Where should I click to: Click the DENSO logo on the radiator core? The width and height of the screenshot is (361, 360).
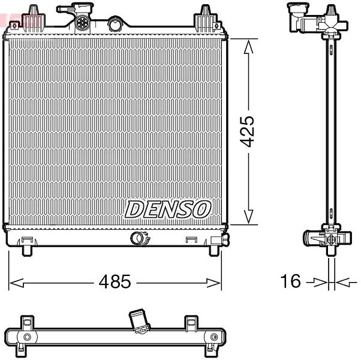168,209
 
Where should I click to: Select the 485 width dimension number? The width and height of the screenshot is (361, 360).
115,281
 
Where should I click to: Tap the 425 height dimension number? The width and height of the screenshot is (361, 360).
247,131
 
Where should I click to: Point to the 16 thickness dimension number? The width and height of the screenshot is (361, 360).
290,281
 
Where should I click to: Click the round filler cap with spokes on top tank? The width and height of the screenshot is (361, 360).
81,22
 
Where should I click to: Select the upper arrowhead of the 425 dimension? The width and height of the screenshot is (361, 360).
248,47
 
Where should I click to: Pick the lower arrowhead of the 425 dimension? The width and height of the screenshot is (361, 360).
248,217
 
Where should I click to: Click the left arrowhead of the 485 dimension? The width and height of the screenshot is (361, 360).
16,283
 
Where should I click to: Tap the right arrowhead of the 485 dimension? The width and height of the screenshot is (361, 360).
213,283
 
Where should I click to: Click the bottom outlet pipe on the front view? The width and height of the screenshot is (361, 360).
140,238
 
